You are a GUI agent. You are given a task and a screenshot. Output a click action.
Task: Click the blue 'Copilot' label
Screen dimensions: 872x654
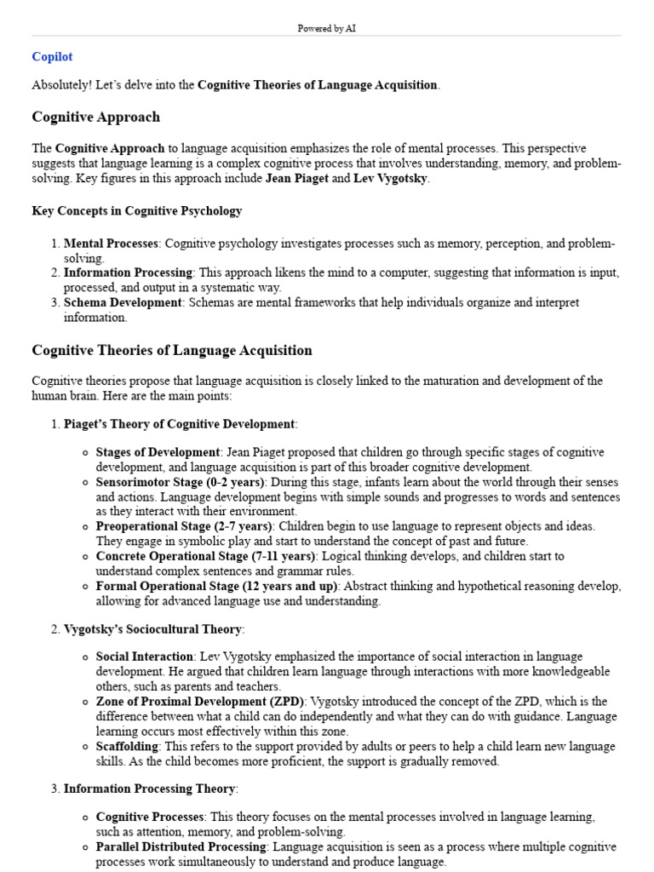click(52, 57)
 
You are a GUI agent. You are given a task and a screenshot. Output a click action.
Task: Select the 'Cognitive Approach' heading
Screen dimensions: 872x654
click(95, 117)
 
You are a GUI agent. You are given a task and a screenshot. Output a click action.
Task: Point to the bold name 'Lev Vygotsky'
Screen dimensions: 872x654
click(390, 179)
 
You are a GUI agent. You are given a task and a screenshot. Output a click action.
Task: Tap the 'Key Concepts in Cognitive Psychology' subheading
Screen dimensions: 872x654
click(136, 210)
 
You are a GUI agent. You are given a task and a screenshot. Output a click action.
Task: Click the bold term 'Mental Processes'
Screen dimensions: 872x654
click(111, 244)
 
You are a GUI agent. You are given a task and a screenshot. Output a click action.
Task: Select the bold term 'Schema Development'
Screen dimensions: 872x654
click(123, 302)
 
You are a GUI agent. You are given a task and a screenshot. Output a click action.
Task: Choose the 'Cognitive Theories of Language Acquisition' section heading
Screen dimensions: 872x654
click(172, 350)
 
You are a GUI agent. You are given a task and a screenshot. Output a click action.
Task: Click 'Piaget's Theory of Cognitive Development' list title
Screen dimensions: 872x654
click(180, 424)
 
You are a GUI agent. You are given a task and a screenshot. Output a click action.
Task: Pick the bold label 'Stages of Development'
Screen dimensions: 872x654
click(158, 452)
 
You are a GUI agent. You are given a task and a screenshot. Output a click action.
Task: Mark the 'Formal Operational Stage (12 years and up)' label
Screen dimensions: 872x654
click(217, 586)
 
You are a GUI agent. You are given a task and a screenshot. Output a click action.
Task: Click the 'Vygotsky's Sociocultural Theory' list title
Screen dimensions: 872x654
click(153, 629)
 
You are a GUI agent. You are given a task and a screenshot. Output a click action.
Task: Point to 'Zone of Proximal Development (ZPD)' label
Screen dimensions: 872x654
click(200, 701)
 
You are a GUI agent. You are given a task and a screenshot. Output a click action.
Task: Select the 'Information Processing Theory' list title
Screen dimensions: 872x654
click(150, 789)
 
